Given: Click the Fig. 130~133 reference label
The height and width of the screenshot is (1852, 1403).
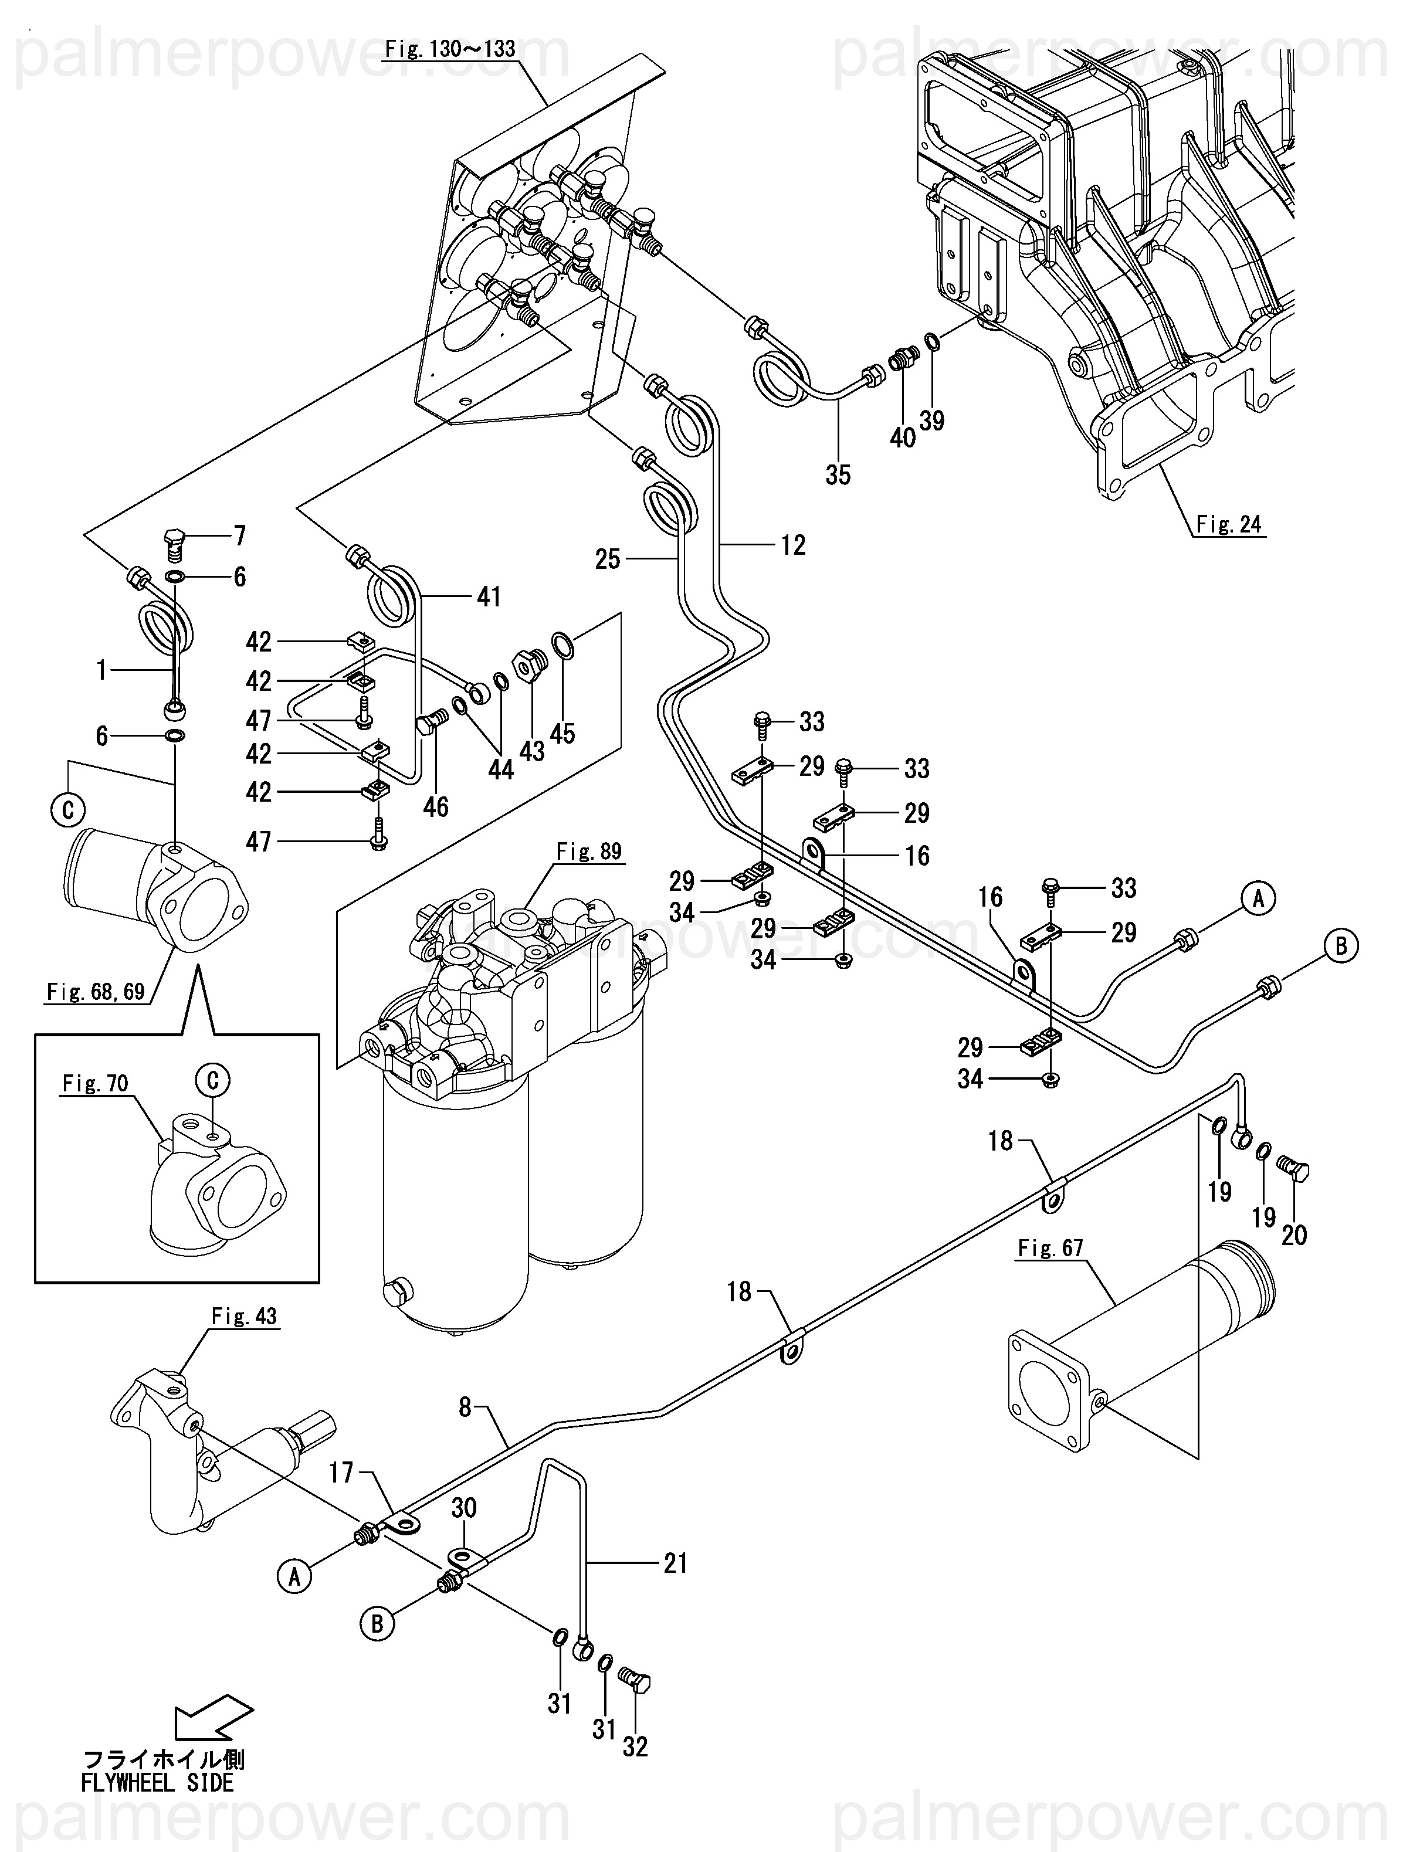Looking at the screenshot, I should tap(450, 49).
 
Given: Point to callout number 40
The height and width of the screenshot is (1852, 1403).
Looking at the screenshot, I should tap(902, 437).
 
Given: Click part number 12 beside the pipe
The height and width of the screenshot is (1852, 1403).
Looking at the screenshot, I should tap(792, 545).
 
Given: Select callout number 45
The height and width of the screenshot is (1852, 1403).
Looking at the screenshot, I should tap(562, 734).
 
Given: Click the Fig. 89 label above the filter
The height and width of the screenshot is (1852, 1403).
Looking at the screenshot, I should tap(589, 852).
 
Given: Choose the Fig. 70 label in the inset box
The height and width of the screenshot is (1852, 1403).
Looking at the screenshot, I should tap(94, 1083).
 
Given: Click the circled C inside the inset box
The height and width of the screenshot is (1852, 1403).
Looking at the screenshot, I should tap(213, 1080).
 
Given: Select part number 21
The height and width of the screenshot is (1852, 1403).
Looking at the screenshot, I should tap(675, 1563).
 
